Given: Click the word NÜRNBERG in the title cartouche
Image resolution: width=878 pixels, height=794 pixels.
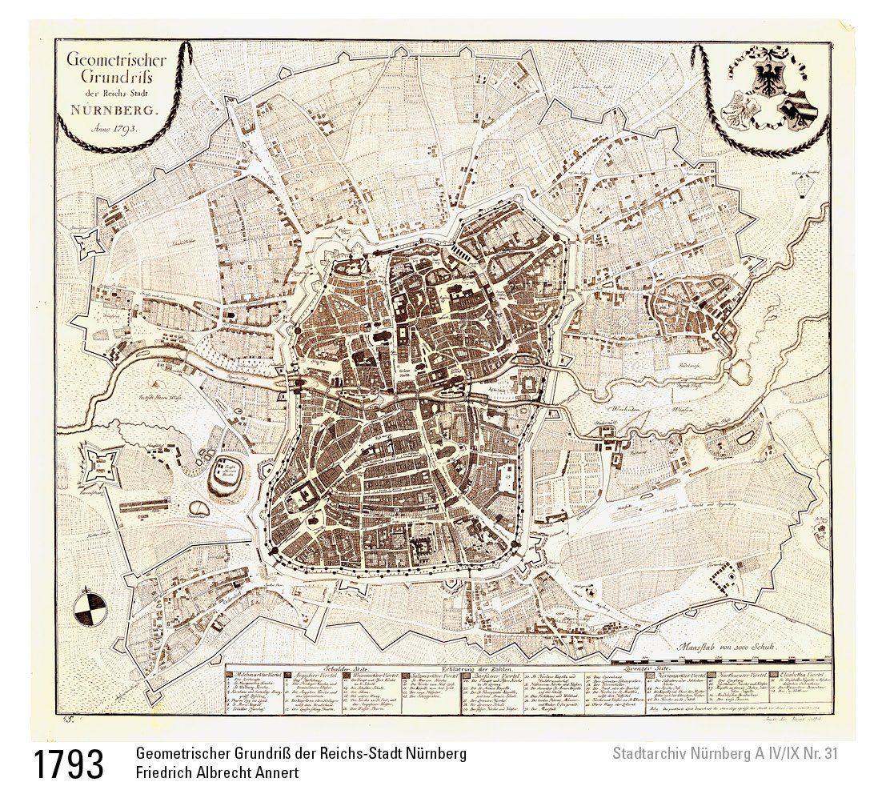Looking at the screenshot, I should (103, 111).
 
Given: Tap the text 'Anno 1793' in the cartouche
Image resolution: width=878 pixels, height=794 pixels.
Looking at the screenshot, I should (103, 127).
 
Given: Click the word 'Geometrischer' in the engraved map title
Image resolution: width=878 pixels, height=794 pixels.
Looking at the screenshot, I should (104, 61).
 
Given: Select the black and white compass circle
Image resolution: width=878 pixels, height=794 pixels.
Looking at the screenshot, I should (87, 608).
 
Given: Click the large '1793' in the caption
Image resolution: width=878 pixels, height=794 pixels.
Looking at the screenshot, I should (69, 765).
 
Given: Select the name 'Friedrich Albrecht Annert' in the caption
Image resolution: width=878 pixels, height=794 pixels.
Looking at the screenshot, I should (217, 773).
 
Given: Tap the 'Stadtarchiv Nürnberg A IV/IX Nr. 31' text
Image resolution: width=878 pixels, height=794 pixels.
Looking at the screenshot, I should (724, 753).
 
